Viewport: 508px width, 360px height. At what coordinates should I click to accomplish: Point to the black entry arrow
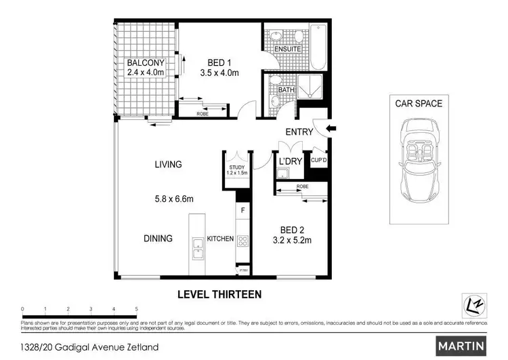pyautogui.click(x=331, y=129)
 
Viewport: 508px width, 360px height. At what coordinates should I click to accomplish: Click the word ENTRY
pyautogui.click(x=299, y=132)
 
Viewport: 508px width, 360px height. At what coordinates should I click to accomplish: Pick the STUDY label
pyautogui.click(x=236, y=168)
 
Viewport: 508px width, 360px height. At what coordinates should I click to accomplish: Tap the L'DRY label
pyautogui.click(x=290, y=161)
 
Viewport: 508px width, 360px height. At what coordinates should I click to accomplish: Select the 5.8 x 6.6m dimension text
pyautogui.click(x=173, y=199)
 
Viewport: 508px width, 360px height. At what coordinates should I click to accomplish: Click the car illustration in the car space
pyautogui.click(x=418, y=161)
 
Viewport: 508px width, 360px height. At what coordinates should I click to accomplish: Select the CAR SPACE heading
pyautogui.click(x=419, y=104)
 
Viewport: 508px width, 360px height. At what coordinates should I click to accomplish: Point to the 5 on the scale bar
pyautogui.click(x=137, y=308)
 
